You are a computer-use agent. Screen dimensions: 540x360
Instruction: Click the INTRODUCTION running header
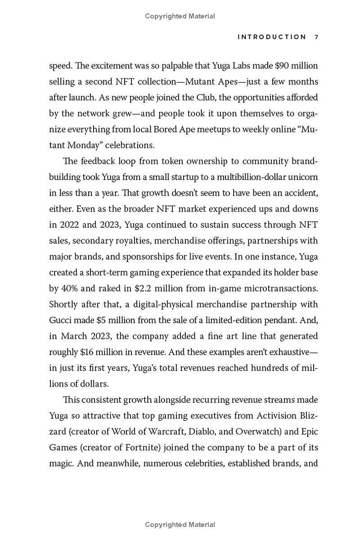[x=272, y=37]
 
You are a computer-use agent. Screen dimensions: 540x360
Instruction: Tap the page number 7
[x=316, y=37]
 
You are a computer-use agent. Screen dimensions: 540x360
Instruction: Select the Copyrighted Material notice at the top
[x=180, y=16]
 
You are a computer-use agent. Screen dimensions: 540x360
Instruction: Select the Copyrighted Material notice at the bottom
[x=180, y=525]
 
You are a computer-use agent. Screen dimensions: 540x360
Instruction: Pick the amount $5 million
[x=114, y=320]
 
